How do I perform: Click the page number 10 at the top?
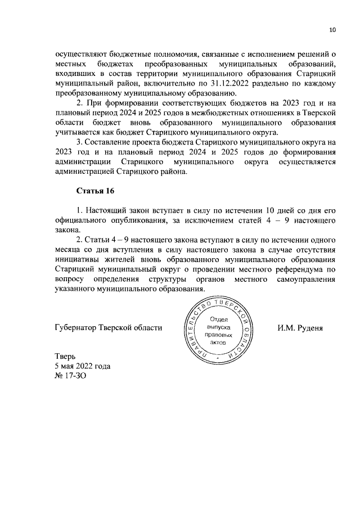point(332,30)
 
